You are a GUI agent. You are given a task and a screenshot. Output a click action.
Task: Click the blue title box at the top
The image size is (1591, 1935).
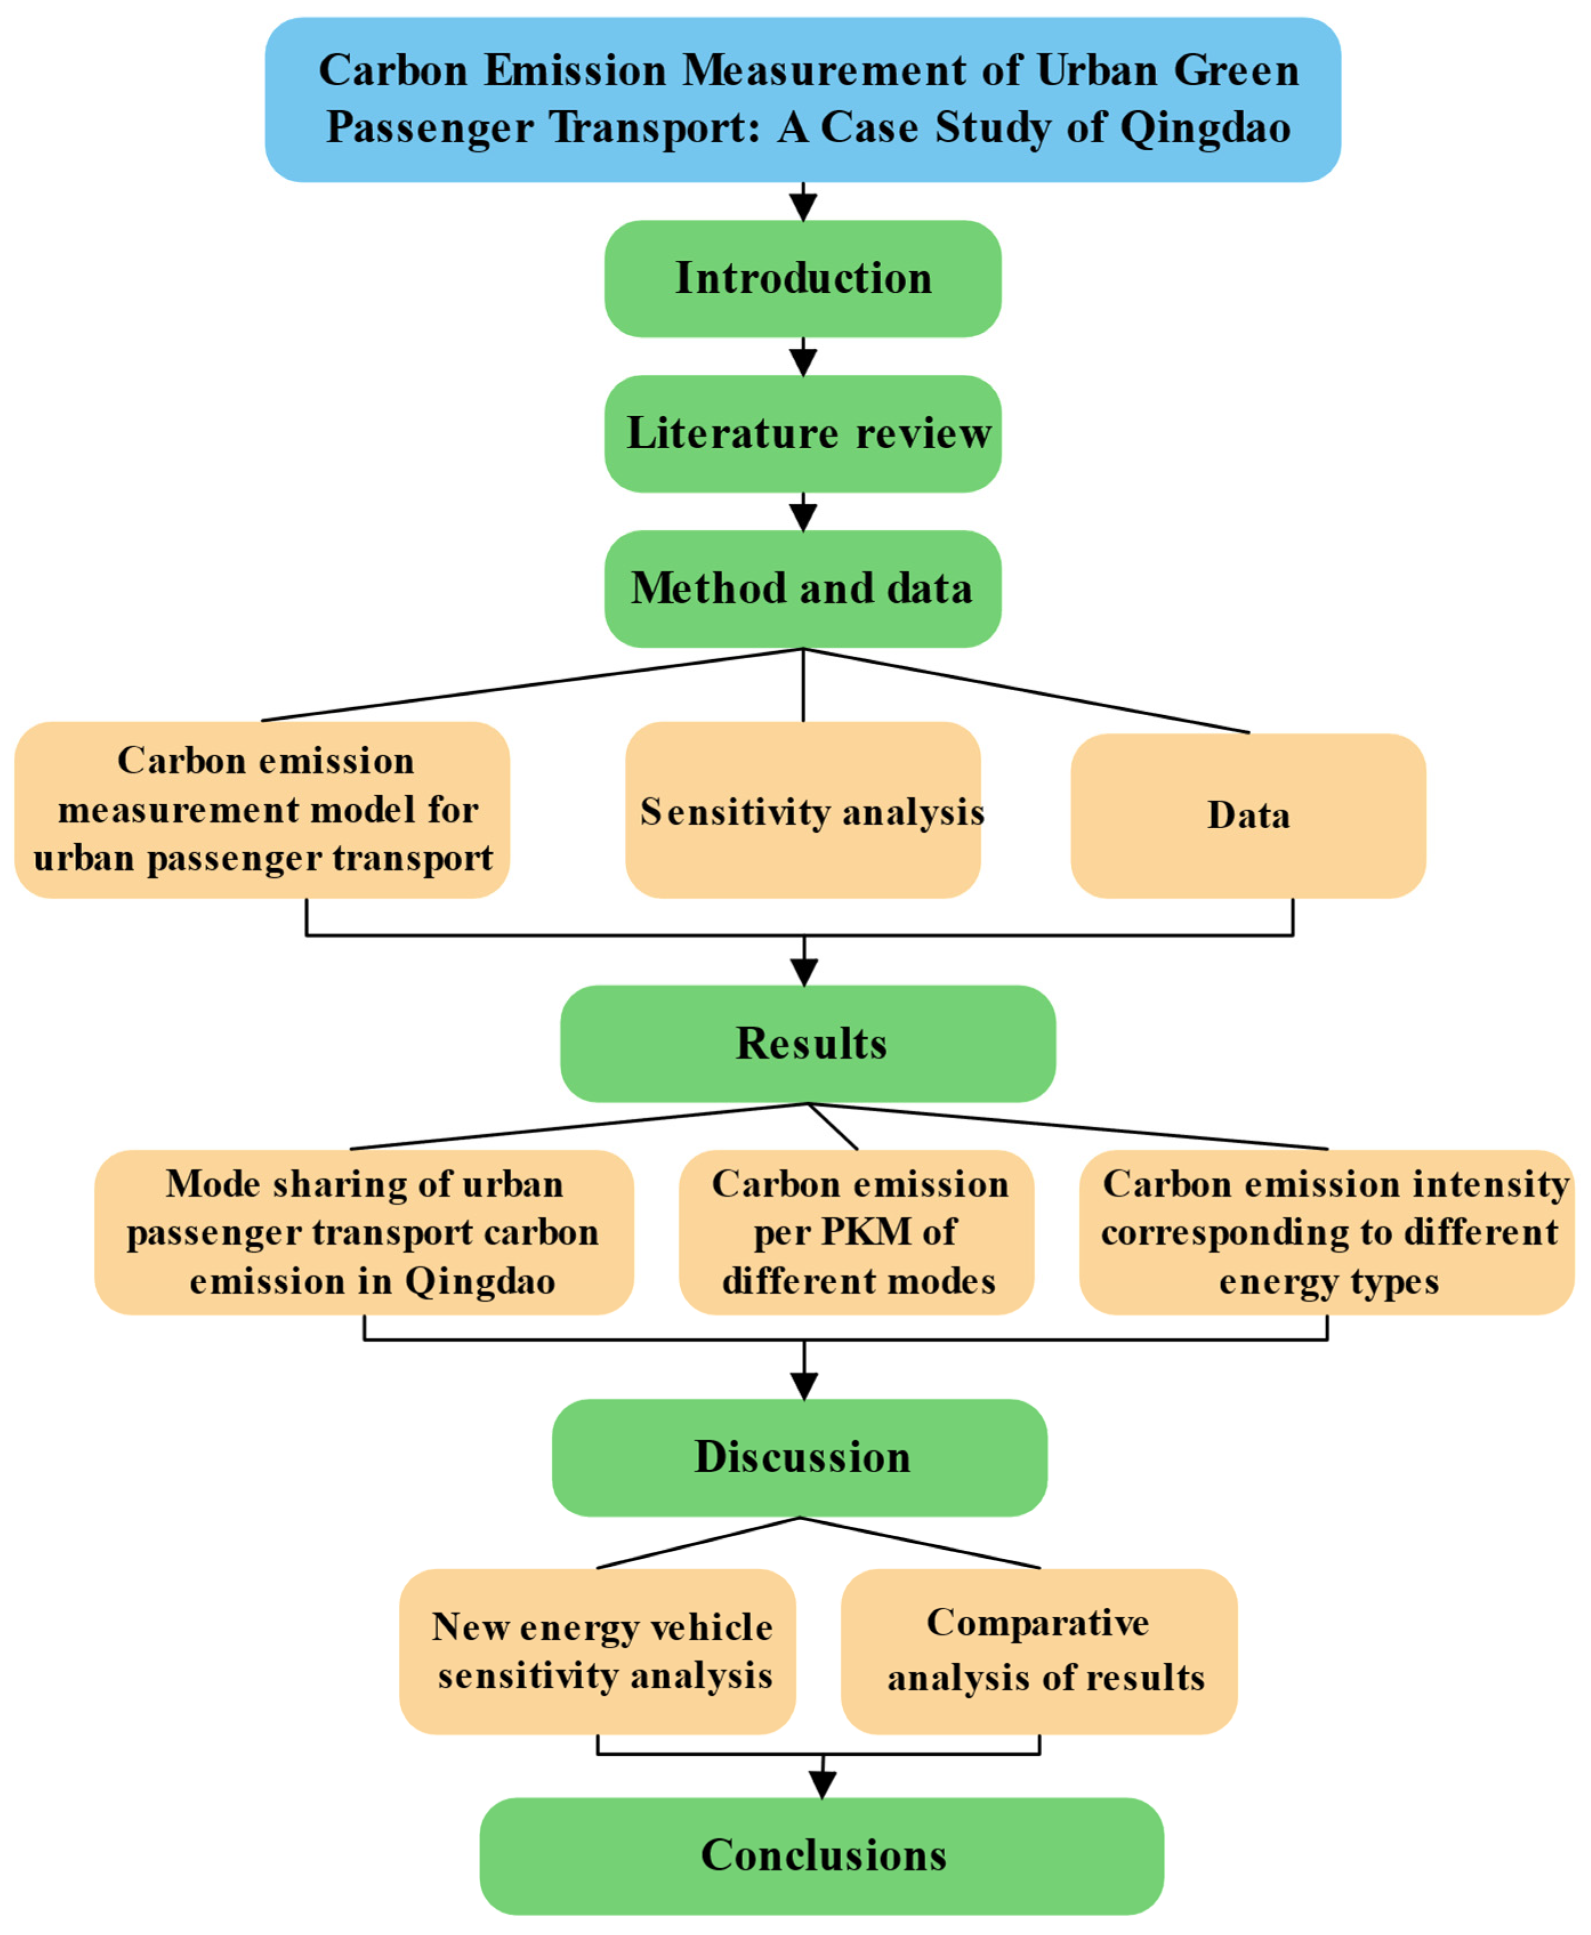coord(803,99)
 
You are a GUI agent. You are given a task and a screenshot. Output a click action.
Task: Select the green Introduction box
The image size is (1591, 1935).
coord(803,278)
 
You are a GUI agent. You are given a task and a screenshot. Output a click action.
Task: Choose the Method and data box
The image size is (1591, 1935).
coord(803,588)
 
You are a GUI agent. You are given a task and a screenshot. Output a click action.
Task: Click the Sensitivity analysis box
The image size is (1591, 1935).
coord(803,811)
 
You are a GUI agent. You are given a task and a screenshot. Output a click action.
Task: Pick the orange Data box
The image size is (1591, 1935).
coord(1248,816)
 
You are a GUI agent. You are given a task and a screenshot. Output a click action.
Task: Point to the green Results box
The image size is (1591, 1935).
coord(808,1043)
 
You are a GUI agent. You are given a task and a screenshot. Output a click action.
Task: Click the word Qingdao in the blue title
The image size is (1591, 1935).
coord(1205,127)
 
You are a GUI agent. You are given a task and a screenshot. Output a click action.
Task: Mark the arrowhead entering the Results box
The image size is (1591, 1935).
coord(803,971)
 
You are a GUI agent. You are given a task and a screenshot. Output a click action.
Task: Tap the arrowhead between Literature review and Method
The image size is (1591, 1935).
coord(803,518)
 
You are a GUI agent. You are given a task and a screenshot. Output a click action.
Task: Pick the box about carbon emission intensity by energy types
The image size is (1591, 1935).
coord(1327,1232)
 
